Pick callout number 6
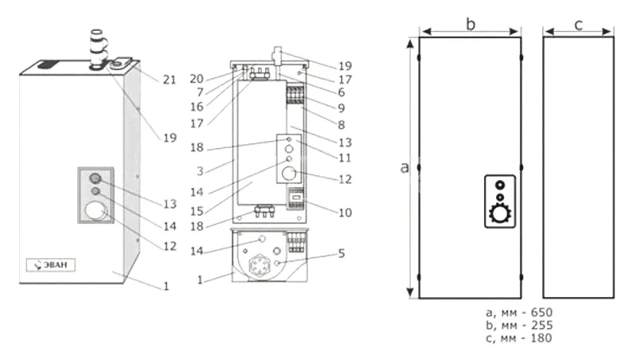[339, 92]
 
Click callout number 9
[341, 108]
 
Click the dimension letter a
[404, 168]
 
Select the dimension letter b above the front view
[471, 25]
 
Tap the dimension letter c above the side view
[578, 25]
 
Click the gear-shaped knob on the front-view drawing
[499, 213]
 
